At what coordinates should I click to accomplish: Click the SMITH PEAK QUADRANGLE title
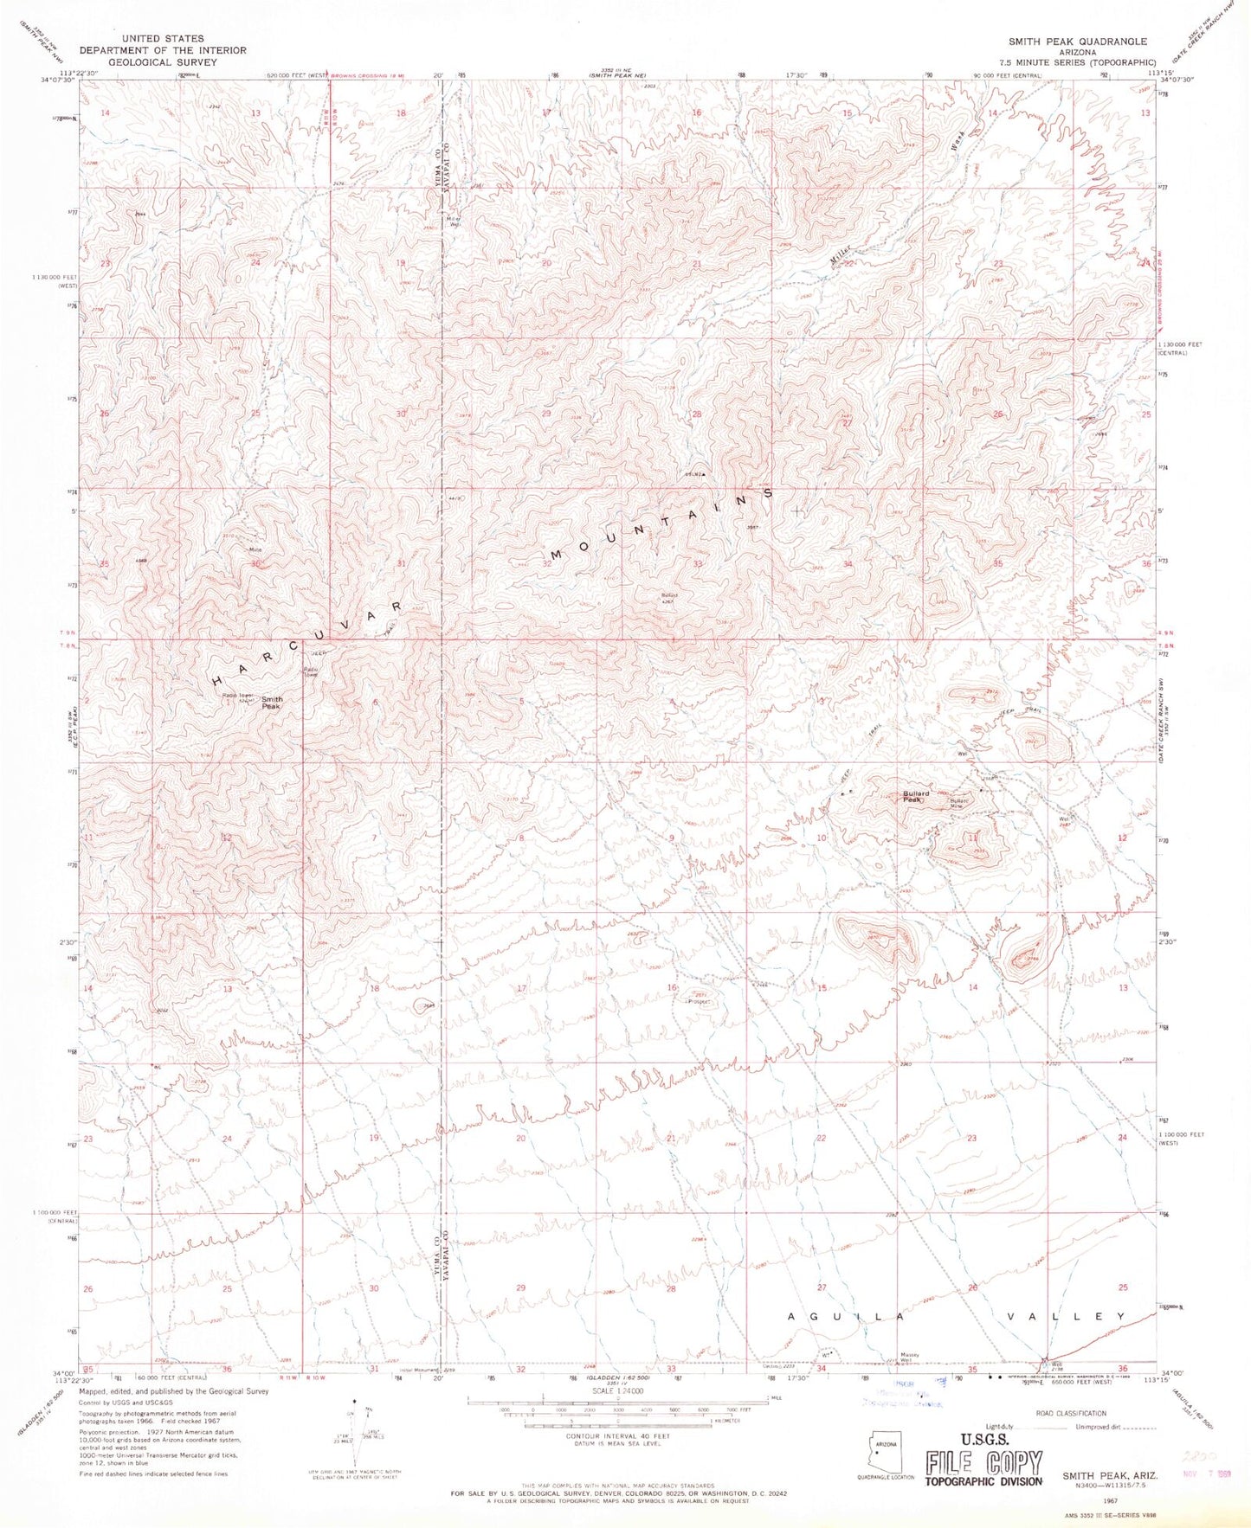pyautogui.click(x=1077, y=42)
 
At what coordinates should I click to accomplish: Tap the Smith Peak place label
pyautogui.click(x=272, y=703)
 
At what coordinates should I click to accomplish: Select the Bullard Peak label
pyautogui.click(x=916, y=796)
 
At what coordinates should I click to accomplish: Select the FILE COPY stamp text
pyautogui.click(x=983, y=1463)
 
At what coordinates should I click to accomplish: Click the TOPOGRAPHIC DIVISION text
pyautogui.click(x=983, y=1481)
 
